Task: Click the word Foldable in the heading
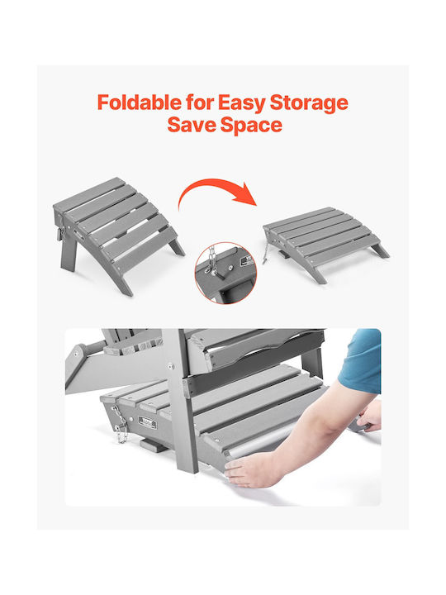tap(140, 102)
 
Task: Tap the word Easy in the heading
tap(241, 103)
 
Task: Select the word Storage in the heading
tap(309, 103)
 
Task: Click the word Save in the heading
tap(191, 125)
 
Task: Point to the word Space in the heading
tap(251, 126)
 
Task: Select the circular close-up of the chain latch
tap(225, 273)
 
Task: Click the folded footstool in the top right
tap(325, 243)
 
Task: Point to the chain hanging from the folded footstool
tap(266, 252)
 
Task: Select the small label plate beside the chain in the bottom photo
tap(148, 422)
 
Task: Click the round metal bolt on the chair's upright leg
tap(170, 366)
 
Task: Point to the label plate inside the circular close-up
tap(249, 260)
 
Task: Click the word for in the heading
tap(200, 102)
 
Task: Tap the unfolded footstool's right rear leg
tap(177, 246)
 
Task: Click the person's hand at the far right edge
tap(369, 416)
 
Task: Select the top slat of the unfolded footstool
tap(89, 193)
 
